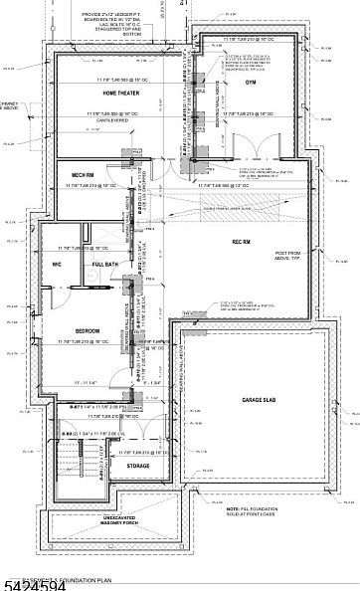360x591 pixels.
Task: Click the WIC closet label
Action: (x=59, y=264)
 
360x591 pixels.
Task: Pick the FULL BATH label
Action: (x=104, y=264)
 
